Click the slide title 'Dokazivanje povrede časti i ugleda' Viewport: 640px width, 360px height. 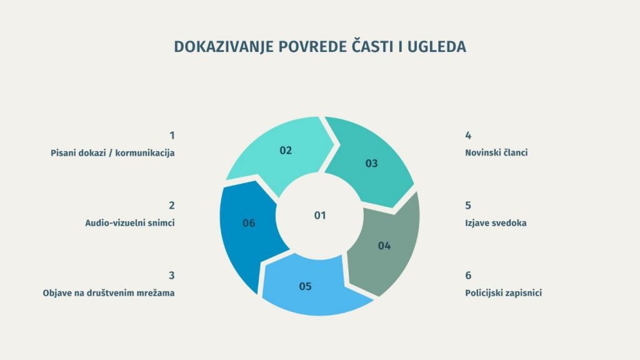[x=319, y=47]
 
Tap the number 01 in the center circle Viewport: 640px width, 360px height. [x=320, y=216]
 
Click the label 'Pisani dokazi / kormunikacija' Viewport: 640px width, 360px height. [x=112, y=152]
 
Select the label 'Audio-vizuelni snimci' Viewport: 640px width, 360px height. [x=129, y=222]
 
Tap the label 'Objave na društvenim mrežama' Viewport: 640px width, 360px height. [x=108, y=292]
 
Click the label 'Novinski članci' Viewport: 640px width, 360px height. [x=496, y=152]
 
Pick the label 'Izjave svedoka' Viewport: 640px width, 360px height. [x=496, y=222]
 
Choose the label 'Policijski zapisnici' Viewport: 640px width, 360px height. [x=503, y=292]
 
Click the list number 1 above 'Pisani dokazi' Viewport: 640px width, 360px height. [x=172, y=136]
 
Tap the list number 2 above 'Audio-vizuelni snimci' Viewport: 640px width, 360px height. [x=172, y=206]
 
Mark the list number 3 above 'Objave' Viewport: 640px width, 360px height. [x=172, y=276]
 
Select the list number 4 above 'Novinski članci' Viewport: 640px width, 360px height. [x=468, y=136]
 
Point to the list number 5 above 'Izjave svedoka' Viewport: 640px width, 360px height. [x=468, y=206]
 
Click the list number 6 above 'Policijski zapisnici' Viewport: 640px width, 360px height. [x=468, y=276]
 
